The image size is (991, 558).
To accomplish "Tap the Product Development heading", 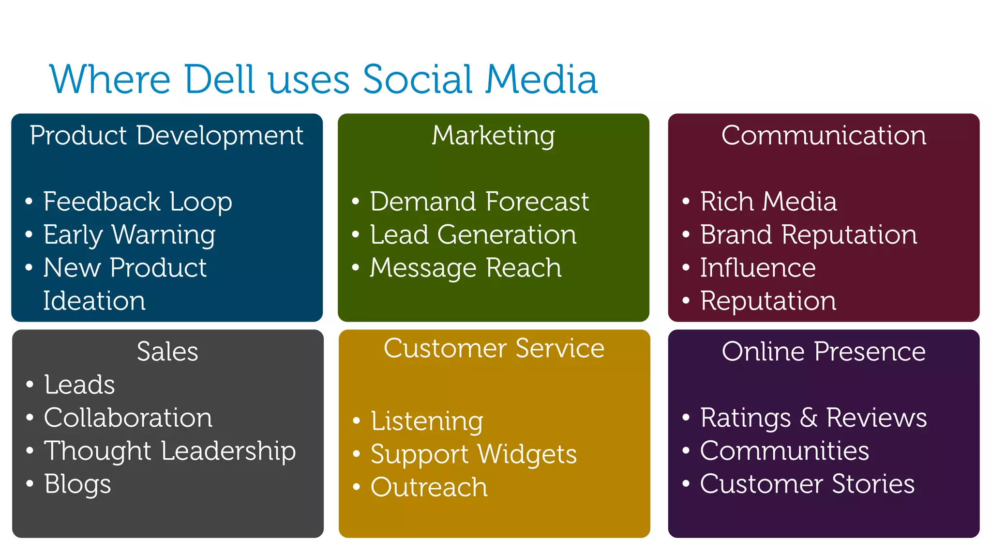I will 166,135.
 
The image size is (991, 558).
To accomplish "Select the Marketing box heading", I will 493,135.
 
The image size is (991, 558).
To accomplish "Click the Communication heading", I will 824,135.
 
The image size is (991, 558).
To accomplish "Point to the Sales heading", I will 167,351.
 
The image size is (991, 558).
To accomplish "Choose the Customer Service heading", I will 494,348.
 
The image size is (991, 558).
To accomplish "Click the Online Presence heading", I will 824,351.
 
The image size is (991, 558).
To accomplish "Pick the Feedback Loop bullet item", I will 137,201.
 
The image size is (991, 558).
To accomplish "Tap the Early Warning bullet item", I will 129,235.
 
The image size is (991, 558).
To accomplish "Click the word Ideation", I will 94,301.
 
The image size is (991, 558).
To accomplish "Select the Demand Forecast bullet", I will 479,201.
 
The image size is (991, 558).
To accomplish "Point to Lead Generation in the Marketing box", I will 473,235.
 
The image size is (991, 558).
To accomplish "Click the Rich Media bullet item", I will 768,201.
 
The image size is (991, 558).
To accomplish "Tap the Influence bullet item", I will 758,268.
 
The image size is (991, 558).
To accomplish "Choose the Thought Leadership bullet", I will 170,451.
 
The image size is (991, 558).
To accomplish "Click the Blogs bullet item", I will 77,484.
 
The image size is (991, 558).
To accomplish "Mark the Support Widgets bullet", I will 473,454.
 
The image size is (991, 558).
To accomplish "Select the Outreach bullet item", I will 429,487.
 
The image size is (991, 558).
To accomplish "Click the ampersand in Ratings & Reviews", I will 809,418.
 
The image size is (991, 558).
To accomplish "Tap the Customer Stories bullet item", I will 807,484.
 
